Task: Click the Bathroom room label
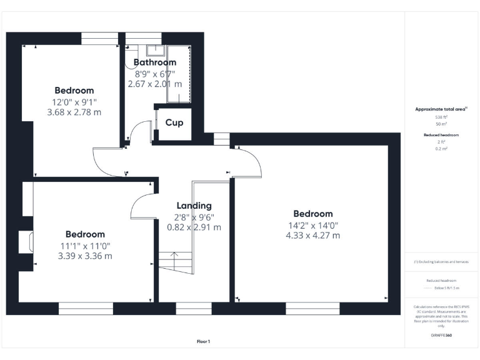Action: pyautogui.click(x=154, y=62)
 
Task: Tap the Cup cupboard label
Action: pyautogui.click(x=174, y=122)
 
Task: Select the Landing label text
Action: pyautogui.click(x=194, y=206)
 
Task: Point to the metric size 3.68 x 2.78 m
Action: pyautogui.click(x=74, y=112)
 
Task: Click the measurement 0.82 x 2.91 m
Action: pyautogui.click(x=194, y=227)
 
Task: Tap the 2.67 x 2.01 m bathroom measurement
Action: pyautogui.click(x=154, y=84)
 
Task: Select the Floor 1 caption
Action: pyautogui.click(x=203, y=341)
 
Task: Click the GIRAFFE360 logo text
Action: pyautogui.click(x=441, y=336)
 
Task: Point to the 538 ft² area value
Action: pyautogui.click(x=441, y=117)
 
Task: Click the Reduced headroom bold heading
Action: pyautogui.click(x=441, y=135)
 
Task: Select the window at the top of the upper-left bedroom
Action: pyautogui.click(x=100, y=39)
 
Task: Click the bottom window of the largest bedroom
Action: pyautogui.click(x=312, y=308)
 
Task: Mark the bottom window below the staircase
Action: pyautogui.click(x=193, y=308)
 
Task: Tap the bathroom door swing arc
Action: pyautogui.click(x=139, y=133)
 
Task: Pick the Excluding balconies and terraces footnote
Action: pyautogui.click(x=441, y=262)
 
